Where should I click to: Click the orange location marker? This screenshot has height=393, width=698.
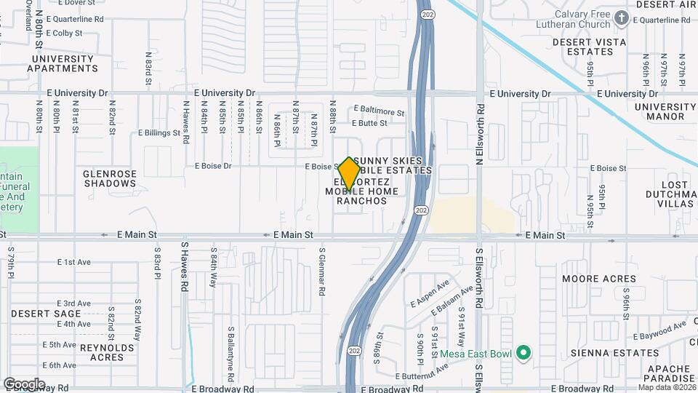[350, 174]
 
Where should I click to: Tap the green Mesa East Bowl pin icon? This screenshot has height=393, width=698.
[523, 354]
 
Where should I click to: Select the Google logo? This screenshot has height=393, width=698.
[24, 384]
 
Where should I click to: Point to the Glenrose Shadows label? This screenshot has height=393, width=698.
[110, 178]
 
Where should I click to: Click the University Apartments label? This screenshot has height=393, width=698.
[63, 63]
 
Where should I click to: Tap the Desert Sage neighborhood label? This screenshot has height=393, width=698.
[41, 313]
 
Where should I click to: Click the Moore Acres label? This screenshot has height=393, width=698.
[599, 279]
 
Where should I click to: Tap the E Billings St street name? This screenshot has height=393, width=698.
[159, 133]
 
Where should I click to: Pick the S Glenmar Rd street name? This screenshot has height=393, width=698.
[321, 271]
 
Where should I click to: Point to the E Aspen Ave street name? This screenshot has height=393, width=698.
[430, 292]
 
